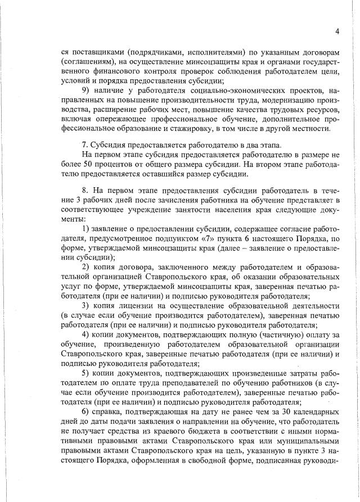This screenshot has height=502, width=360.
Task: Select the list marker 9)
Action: point(87,91)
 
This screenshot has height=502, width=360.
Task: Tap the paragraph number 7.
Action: point(85,144)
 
